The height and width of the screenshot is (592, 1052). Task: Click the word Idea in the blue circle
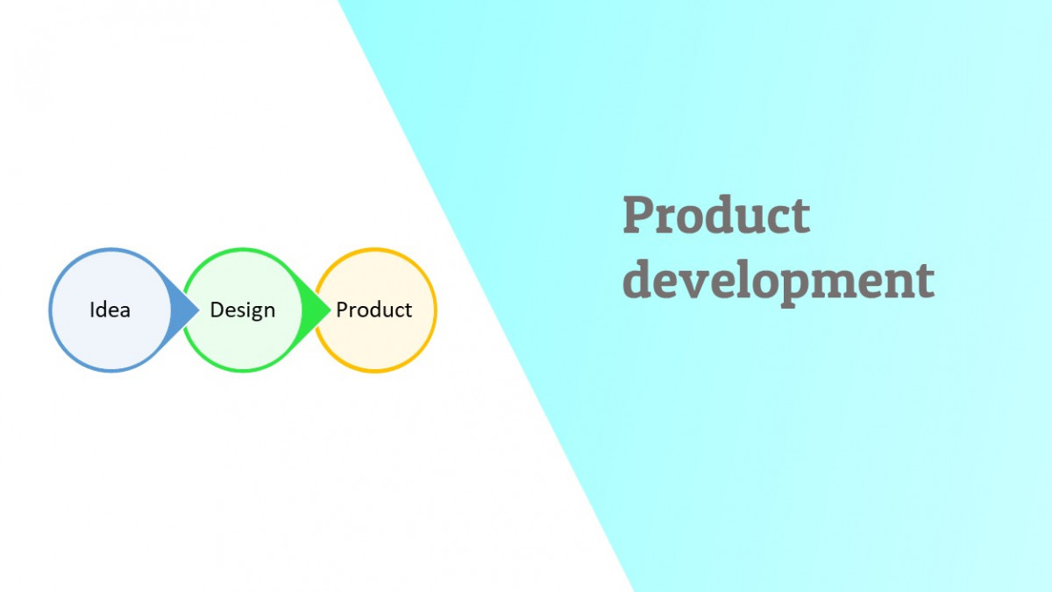(110, 310)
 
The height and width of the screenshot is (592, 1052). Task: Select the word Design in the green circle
(242, 310)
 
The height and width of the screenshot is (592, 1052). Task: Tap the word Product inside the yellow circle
(374, 310)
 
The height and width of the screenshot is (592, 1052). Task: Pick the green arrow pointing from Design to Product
(316, 310)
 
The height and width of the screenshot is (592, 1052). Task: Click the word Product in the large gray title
(715, 216)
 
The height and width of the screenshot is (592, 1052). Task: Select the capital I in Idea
(92, 310)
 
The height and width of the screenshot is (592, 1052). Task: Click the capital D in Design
(217, 310)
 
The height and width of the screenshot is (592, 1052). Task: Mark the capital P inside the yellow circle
(342, 310)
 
